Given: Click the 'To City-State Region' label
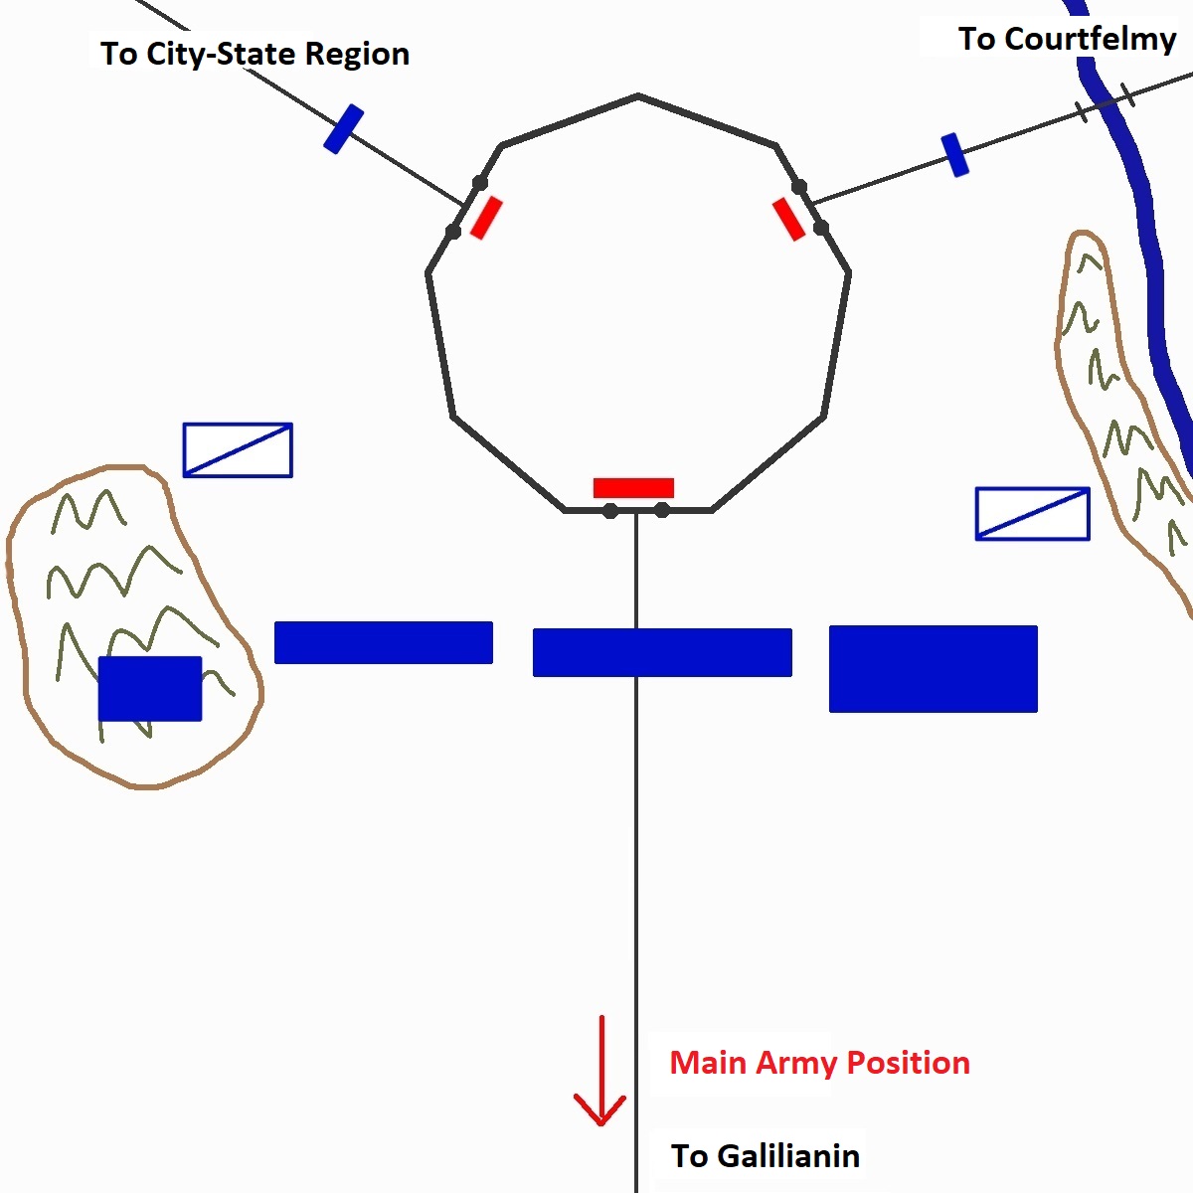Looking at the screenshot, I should click(x=255, y=54).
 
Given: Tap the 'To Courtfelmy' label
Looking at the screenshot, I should click(x=1067, y=40).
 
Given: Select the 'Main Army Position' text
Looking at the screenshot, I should click(x=819, y=1063).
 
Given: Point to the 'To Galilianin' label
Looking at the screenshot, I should click(x=766, y=1156).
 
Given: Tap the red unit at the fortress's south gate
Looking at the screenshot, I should click(x=633, y=488).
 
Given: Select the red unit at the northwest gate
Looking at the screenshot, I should click(x=486, y=218).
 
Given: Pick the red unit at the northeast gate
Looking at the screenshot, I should click(x=788, y=219).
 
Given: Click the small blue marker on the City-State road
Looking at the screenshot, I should click(x=343, y=129).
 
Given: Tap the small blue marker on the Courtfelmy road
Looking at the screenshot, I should click(x=954, y=155).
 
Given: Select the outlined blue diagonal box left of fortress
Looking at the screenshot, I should click(x=238, y=450).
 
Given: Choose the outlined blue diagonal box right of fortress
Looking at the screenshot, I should click(x=1032, y=514).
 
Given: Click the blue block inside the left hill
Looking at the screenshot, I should click(x=150, y=688).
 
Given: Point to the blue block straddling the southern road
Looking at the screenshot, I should click(x=662, y=652).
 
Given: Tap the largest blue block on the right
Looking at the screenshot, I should click(x=933, y=668).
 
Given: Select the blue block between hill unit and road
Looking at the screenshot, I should click(x=383, y=642).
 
